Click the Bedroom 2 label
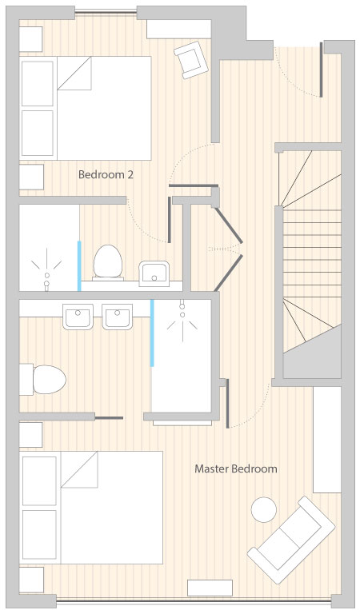106,174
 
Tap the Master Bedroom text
236,468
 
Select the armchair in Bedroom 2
190,60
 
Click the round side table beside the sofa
264,509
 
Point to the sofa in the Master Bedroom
291,539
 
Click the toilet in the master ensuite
43,379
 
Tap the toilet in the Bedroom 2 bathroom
108,262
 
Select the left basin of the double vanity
78,317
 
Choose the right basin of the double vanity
118,317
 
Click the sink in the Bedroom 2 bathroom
154,274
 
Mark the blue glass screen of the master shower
152,333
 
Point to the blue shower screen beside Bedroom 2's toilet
79,266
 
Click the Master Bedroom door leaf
227,404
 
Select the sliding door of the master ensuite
109,418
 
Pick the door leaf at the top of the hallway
321,70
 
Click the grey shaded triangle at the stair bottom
312,352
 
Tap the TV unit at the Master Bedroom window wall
210,588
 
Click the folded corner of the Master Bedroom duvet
79,469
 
